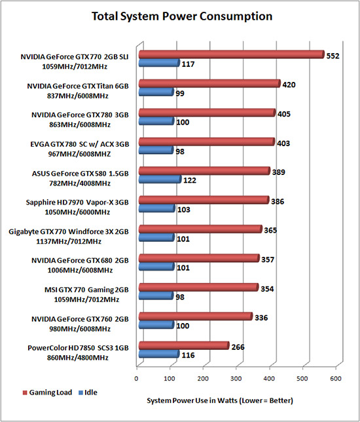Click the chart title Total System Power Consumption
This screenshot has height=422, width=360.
pyautogui.click(x=182, y=16)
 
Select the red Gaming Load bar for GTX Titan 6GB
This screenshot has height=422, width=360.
pyautogui.click(x=209, y=84)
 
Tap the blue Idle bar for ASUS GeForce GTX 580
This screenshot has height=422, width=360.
pyautogui.click(x=160, y=180)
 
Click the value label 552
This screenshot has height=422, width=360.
pyautogui.click(x=333, y=56)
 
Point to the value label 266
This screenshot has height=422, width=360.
pyautogui.click(x=238, y=347)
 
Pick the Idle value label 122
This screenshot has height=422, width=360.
pyautogui.click(x=190, y=180)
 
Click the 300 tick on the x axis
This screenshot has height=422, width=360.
pyautogui.click(x=236, y=379)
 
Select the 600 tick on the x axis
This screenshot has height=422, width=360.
pyautogui.click(x=336, y=379)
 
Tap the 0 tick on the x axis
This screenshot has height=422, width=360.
pyautogui.click(x=136, y=379)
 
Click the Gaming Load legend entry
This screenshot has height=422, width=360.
pyautogui.click(x=47, y=393)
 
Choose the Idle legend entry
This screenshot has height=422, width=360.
pyautogui.click(x=88, y=393)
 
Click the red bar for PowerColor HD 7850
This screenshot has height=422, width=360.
pyautogui.click(x=184, y=345)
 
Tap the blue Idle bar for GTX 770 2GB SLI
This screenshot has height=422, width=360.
pyautogui.click(x=159, y=63)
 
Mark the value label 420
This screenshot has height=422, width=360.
pyautogui.click(x=289, y=85)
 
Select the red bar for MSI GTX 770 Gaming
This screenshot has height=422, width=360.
pyautogui.click(x=199, y=288)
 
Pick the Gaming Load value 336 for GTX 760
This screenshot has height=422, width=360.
pyautogui.click(x=261, y=318)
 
